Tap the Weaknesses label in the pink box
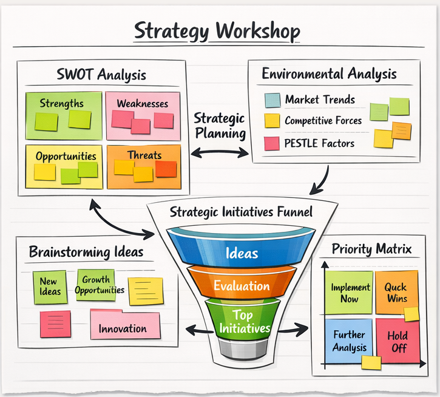coord(143,103)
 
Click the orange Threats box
coord(144,166)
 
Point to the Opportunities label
coord(66,156)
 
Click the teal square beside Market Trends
coord(272,100)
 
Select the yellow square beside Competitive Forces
coord(272,121)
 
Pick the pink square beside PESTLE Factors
coord(272,143)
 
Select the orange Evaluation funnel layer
coord(242,285)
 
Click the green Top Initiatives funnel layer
coord(242,321)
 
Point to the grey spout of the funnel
coord(242,349)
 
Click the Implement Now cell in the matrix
coord(350,293)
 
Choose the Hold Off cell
coord(398,341)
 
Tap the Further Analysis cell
coord(349,341)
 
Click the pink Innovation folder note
coord(124,325)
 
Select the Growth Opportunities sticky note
coord(96,285)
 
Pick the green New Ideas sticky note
coord(50,287)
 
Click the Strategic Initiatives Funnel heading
coord(241,212)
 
